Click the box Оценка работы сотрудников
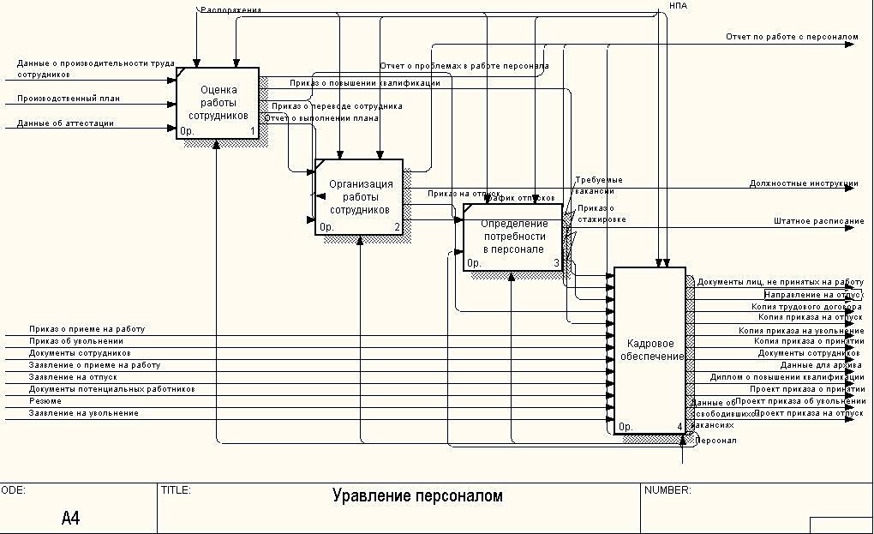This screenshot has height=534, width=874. click(218, 103)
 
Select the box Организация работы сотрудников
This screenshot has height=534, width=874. click(359, 196)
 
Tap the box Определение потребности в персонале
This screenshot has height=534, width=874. click(512, 237)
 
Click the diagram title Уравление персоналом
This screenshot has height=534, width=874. click(417, 496)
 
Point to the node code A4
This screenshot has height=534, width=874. click(72, 517)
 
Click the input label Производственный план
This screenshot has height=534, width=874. click(69, 99)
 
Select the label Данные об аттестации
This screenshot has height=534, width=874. click(65, 123)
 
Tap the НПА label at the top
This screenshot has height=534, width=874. click(678, 6)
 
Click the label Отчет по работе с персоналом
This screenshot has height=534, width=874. click(792, 38)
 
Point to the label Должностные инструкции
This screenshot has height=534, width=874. click(804, 183)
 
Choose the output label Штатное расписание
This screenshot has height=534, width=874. click(818, 221)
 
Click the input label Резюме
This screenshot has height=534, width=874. click(45, 401)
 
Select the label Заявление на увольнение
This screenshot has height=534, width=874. click(84, 413)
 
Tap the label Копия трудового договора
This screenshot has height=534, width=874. click(807, 306)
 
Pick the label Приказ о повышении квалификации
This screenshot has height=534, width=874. click(365, 83)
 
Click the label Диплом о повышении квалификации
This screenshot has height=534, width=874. click(787, 377)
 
